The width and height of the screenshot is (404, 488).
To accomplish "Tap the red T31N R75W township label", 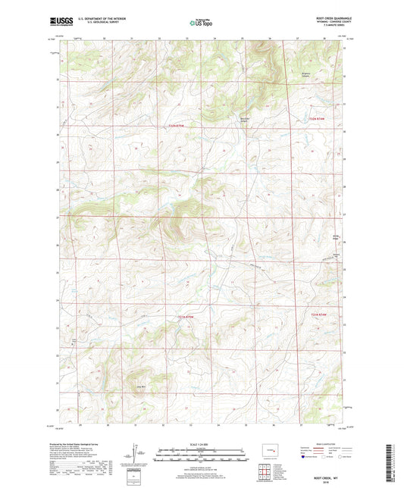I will pyautogui.click(x=177, y=125).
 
